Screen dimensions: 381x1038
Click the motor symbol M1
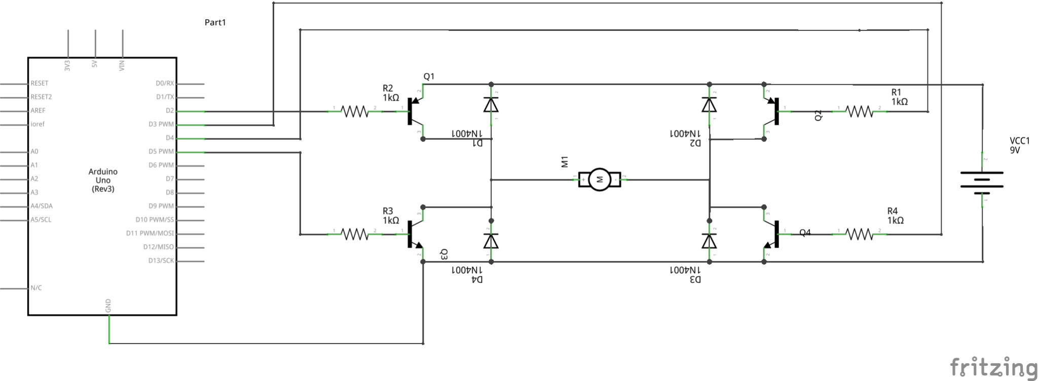tap(600, 179)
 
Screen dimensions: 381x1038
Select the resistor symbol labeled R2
tap(355, 111)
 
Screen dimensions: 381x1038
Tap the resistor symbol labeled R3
tap(355, 234)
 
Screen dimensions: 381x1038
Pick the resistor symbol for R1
tap(860, 111)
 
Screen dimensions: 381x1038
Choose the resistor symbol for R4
tap(860, 234)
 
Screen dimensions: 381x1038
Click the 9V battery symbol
tap(982, 180)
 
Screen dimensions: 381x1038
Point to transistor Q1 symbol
tap(416, 111)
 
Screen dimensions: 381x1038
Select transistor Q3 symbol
tap(416, 235)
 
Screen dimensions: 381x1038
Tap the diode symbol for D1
tap(491, 105)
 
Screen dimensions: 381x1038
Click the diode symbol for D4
tap(491, 241)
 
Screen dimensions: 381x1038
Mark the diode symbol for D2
tap(709, 105)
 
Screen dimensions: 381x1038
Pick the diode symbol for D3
tap(709, 241)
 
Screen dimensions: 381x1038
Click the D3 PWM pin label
tap(161, 124)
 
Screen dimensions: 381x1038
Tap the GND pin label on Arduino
tap(108, 306)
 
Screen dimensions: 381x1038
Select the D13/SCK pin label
tap(161, 261)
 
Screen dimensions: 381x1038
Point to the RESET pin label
tap(40, 83)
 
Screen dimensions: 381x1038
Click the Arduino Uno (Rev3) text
tap(103, 180)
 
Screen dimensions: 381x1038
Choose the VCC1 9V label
tap(1019, 145)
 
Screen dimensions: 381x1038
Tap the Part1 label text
tap(215, 22)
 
